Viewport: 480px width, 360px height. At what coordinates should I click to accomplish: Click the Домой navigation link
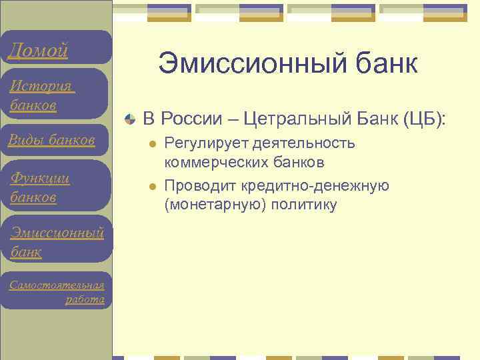[x=37, y=50]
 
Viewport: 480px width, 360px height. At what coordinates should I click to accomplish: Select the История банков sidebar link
[x=41, y=95]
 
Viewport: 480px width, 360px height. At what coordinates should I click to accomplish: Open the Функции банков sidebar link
[x=40, y=188]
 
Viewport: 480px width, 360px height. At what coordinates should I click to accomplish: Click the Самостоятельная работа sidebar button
[x=57, y=292]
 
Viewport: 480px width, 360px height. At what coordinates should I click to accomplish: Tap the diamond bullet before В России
[x=131, y=119]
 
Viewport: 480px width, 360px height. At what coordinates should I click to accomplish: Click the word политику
[x=305, y=205]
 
